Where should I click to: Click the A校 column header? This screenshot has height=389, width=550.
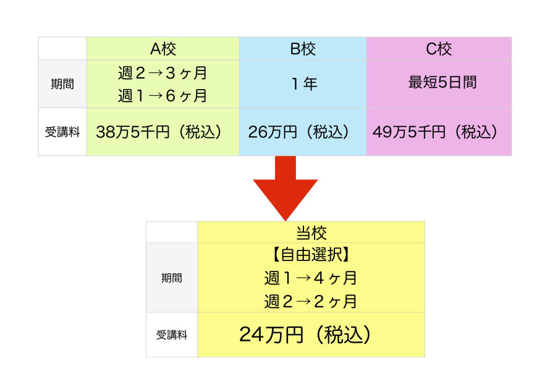point(163,49)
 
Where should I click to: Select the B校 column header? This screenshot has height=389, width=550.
point(303,49)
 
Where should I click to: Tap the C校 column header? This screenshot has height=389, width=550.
point(439,49)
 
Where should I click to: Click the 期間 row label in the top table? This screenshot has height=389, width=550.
point(62,84)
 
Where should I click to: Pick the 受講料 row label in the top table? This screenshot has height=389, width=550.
point(62,132)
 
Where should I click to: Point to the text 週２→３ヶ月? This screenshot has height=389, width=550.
point(163,73)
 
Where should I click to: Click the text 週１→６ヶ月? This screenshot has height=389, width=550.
point(163,95)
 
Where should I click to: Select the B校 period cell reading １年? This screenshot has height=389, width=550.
point(304,84)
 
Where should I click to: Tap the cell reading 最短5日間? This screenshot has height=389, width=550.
point(442,82)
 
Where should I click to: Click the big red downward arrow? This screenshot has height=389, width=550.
point(285,188)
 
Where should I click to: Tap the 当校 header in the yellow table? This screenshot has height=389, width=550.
point(311,233)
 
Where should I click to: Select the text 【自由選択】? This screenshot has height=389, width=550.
point(311,254)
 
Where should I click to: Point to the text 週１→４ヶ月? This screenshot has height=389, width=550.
point(311,278)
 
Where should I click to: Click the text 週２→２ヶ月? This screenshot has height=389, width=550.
point(311,301)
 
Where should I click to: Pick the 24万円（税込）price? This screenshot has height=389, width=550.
point(305,335)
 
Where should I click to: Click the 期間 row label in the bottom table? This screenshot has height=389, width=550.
point(172,278)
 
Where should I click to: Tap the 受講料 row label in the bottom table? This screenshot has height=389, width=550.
point(172,335)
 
